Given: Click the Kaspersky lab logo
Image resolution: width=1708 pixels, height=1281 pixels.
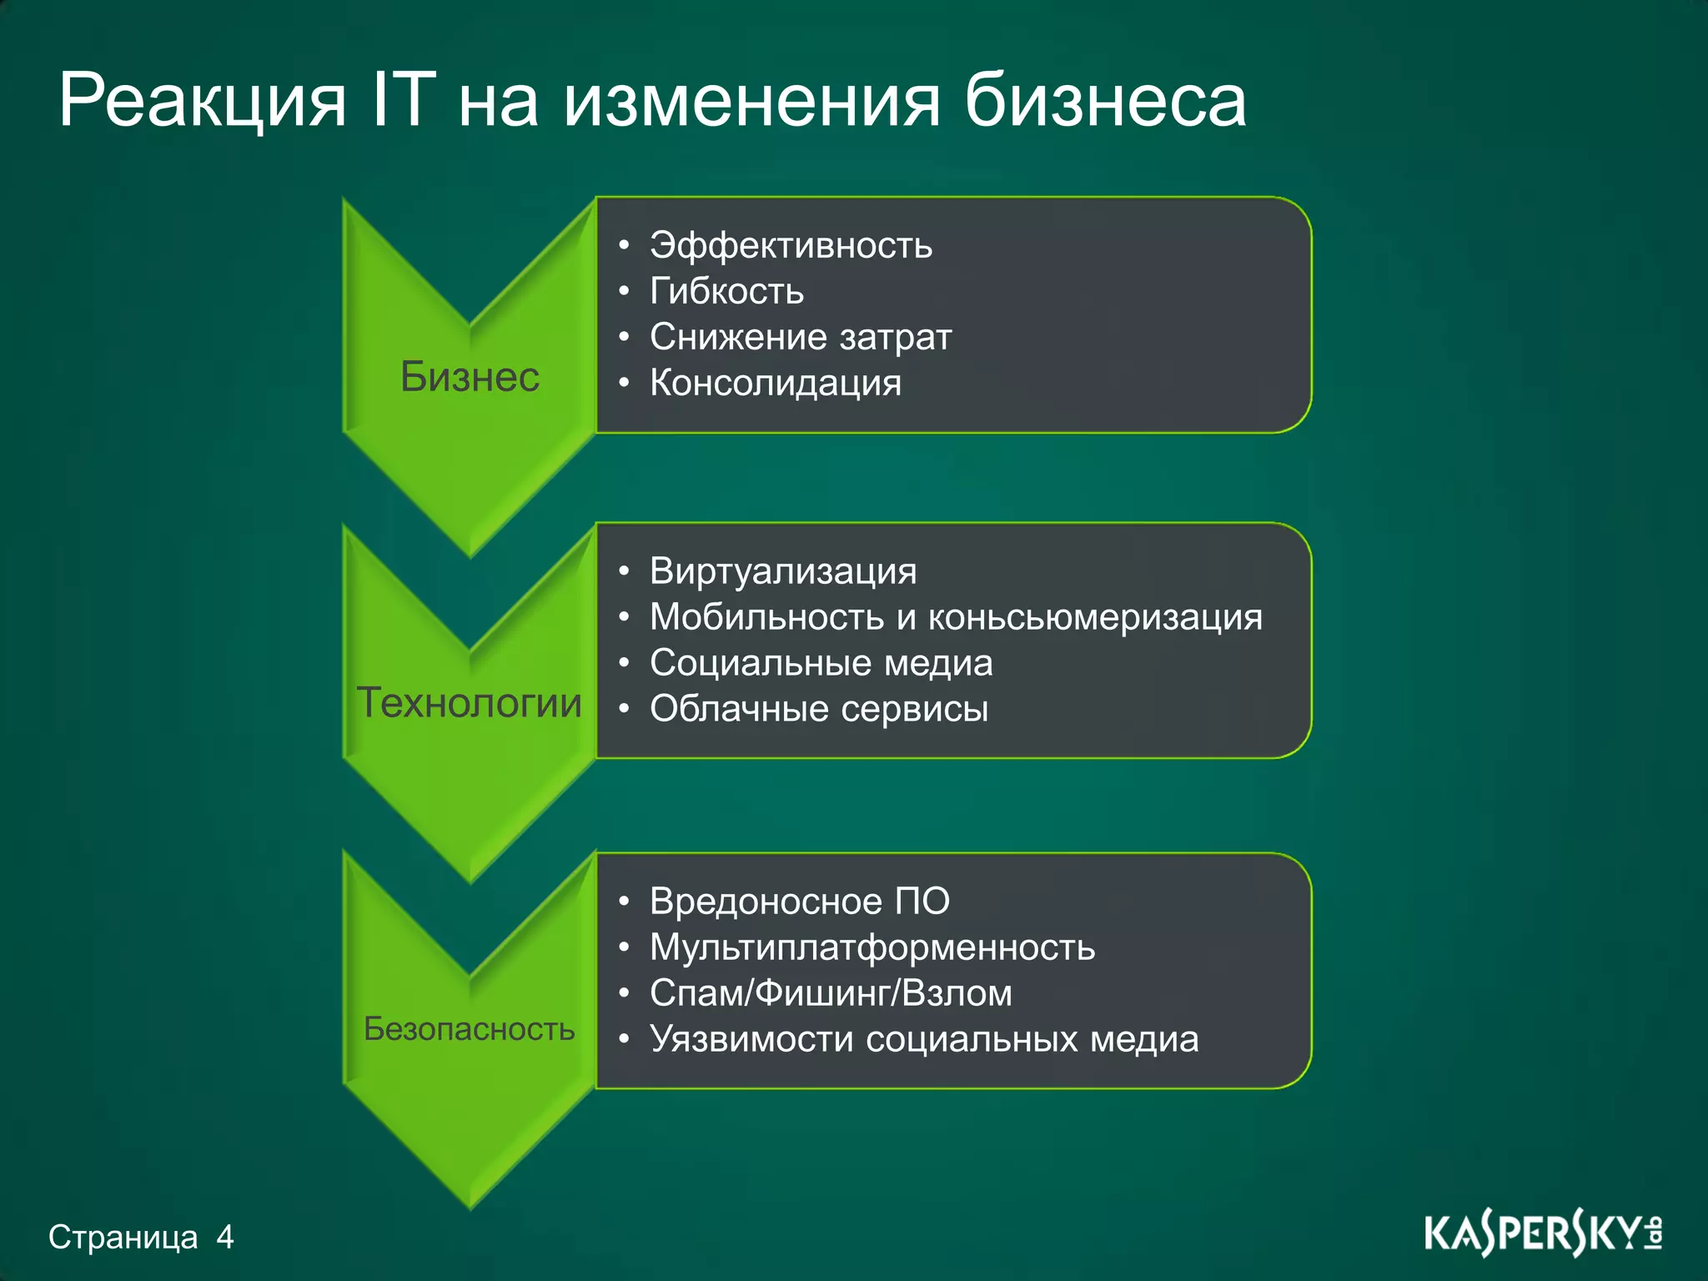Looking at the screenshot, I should (x=1543, y=1234).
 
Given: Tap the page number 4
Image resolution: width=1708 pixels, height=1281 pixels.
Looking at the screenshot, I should (x=224, y=1236).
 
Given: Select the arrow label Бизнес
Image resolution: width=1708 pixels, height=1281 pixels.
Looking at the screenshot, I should (x=470, y=377).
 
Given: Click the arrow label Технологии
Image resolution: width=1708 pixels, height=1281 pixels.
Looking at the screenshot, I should (x=470, y=702).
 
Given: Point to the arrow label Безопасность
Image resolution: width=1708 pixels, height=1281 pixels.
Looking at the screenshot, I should (x=470, y=1029).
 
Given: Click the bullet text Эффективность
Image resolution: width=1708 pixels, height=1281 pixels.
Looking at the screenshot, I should (x=791, y=245).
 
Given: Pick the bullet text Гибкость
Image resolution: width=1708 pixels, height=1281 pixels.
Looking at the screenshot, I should (x=726, y=291).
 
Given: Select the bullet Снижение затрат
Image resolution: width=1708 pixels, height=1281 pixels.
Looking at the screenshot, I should (x=801, y=337).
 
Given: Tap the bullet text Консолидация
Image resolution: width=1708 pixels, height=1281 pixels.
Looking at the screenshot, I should (x=776, y=383).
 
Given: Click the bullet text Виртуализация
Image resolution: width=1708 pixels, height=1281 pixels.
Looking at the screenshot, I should (x=783, y=571).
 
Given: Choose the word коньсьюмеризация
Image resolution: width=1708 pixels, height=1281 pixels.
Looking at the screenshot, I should (x=1095, y=617).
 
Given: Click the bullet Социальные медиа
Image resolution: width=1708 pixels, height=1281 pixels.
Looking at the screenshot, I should (x=821, y=663).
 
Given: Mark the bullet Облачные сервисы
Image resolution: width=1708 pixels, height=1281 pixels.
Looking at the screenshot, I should (x=819, y=709).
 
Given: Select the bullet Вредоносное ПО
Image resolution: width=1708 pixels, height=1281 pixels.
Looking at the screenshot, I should (x=799, y=902).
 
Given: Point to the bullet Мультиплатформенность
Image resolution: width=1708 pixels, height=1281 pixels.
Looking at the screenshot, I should (x=872, y=947).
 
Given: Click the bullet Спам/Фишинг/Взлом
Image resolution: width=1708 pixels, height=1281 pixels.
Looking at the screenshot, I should (x=831, y=993).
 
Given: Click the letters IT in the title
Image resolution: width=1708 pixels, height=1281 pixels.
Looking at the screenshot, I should (x=404, y=100).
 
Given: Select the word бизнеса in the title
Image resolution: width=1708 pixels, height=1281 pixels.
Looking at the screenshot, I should (x=1105, y=100).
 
